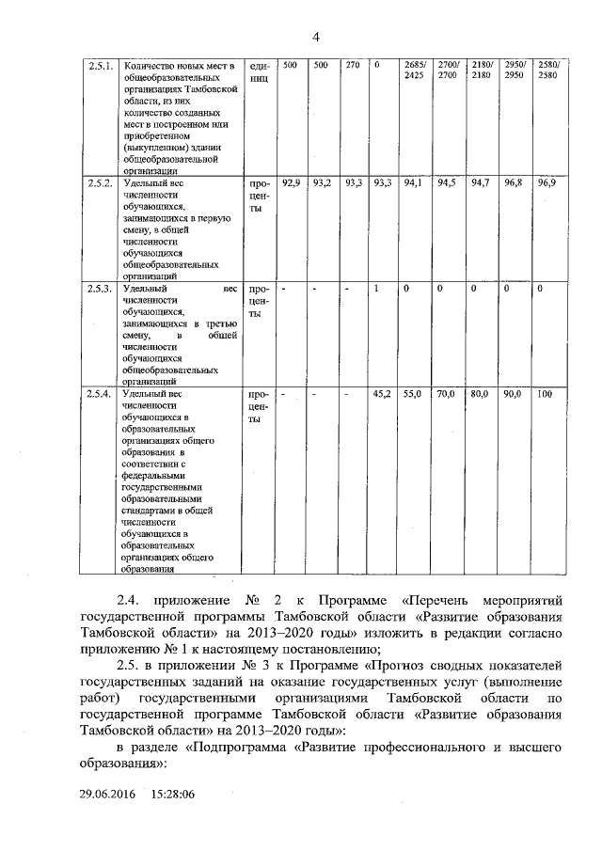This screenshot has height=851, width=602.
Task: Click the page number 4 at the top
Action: click(x=316, y=37)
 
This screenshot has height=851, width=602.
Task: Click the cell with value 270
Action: click(x=353, y=65)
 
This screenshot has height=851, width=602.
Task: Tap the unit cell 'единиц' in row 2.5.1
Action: click(x=260, y=71)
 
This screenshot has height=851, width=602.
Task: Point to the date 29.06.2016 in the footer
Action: click(x=108, y=795)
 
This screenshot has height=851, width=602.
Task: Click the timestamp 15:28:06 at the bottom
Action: click(x=170, y=795)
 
